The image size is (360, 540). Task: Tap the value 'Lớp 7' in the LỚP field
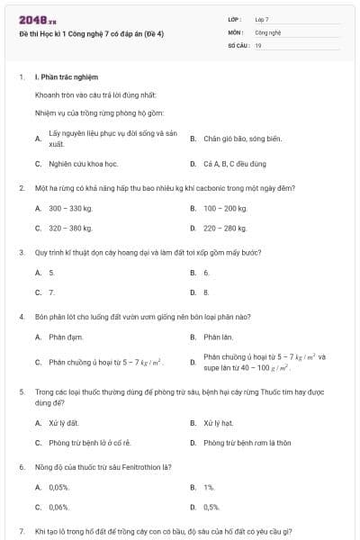[262, 19]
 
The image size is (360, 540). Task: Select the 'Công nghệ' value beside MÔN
[268, 31]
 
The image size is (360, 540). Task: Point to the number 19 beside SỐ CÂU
[258, 43]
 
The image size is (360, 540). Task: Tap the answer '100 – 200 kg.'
[225, 208]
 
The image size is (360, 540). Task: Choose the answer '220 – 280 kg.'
[225, 228]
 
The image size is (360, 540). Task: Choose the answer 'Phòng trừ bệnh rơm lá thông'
[247, 443]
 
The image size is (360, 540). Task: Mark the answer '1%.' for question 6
[209, 487]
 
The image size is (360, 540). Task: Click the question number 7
[21, 531]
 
